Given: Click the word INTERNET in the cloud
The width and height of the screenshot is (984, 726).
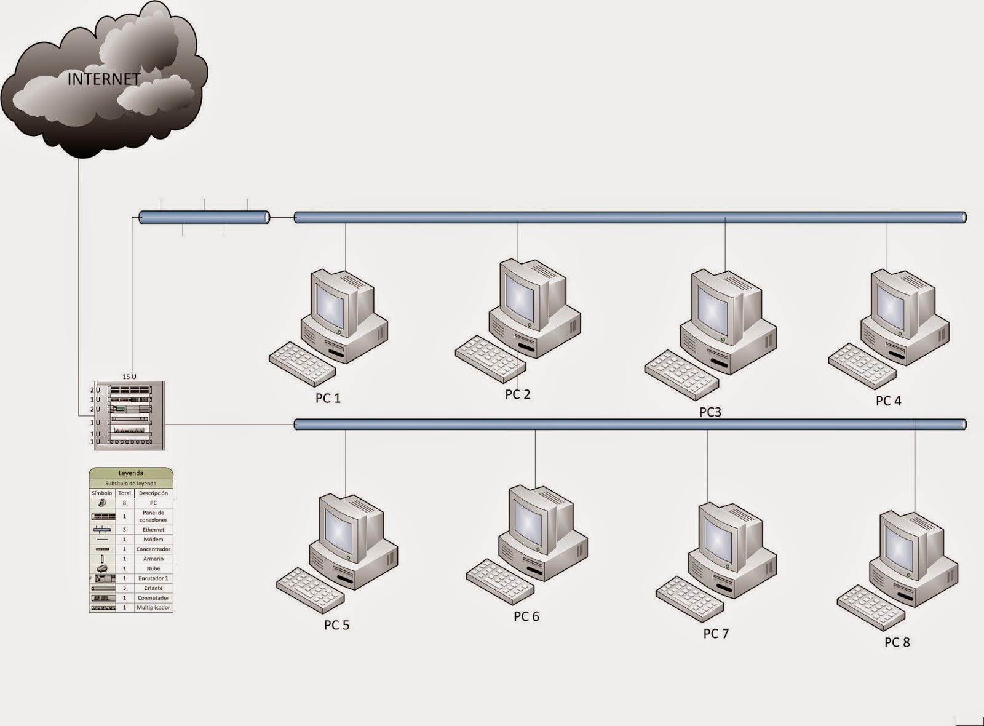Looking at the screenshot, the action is coord(104,79).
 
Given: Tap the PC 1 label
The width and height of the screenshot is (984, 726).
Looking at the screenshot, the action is coord(328,398).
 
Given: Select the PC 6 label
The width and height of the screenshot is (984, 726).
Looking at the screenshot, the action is coord(526,616).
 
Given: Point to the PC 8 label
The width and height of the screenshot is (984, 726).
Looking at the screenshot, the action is coord(897,642).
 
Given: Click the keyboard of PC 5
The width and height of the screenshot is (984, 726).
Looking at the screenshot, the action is coord(310,590).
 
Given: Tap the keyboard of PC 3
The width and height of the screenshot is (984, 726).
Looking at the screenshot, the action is coord(681,375).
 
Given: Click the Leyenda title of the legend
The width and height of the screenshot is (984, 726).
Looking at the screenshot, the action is coord(131,473).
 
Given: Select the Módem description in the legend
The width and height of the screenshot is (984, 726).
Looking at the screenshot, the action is coord(153,539).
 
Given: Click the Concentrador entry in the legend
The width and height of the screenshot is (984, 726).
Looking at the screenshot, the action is coord(153,549).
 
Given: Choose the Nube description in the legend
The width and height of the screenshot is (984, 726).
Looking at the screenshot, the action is coord(153,568).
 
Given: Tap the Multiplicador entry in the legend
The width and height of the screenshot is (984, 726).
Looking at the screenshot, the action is coord(153,608).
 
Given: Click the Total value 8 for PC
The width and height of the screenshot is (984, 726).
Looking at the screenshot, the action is coord(125,503).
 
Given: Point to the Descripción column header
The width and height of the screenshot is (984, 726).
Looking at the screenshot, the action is coord(153,493).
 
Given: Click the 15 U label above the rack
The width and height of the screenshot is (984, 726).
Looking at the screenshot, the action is coord(129,377).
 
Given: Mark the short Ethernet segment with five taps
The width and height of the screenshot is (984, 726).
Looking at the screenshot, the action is coord(204,218).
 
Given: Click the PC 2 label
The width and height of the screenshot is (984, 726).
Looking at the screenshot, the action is coord(517,394).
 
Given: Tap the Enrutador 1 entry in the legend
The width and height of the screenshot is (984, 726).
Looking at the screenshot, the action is coord(153,578).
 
